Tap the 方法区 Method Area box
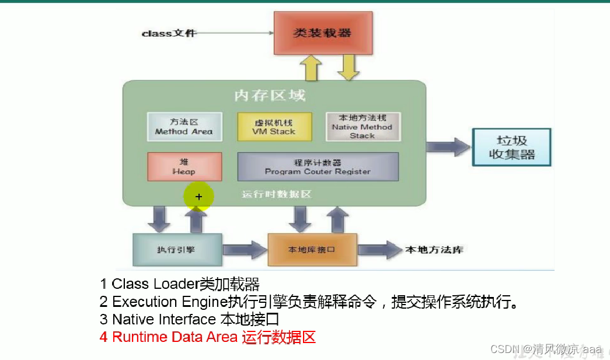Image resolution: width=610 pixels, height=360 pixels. [184, 127]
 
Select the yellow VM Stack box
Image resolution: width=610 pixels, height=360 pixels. [274, 127]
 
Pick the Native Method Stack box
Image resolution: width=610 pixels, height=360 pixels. [362, 127]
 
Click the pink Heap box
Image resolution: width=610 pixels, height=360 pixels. [184, 166]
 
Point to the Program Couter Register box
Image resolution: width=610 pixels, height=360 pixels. [318, 166]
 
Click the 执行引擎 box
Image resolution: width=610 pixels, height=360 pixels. [177, 250]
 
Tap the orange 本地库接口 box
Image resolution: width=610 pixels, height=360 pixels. [312, 250]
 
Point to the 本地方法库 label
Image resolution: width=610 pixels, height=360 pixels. [434, 250]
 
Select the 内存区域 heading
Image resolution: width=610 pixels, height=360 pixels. [270, 95]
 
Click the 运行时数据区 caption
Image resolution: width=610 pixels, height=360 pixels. [277, 194]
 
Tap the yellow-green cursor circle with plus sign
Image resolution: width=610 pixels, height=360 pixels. [198, 197]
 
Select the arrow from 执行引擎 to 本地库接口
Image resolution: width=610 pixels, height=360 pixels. [245, 250]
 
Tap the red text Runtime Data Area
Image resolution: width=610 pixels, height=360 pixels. [175, 337]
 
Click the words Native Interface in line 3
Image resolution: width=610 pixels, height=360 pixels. [163, 319]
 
